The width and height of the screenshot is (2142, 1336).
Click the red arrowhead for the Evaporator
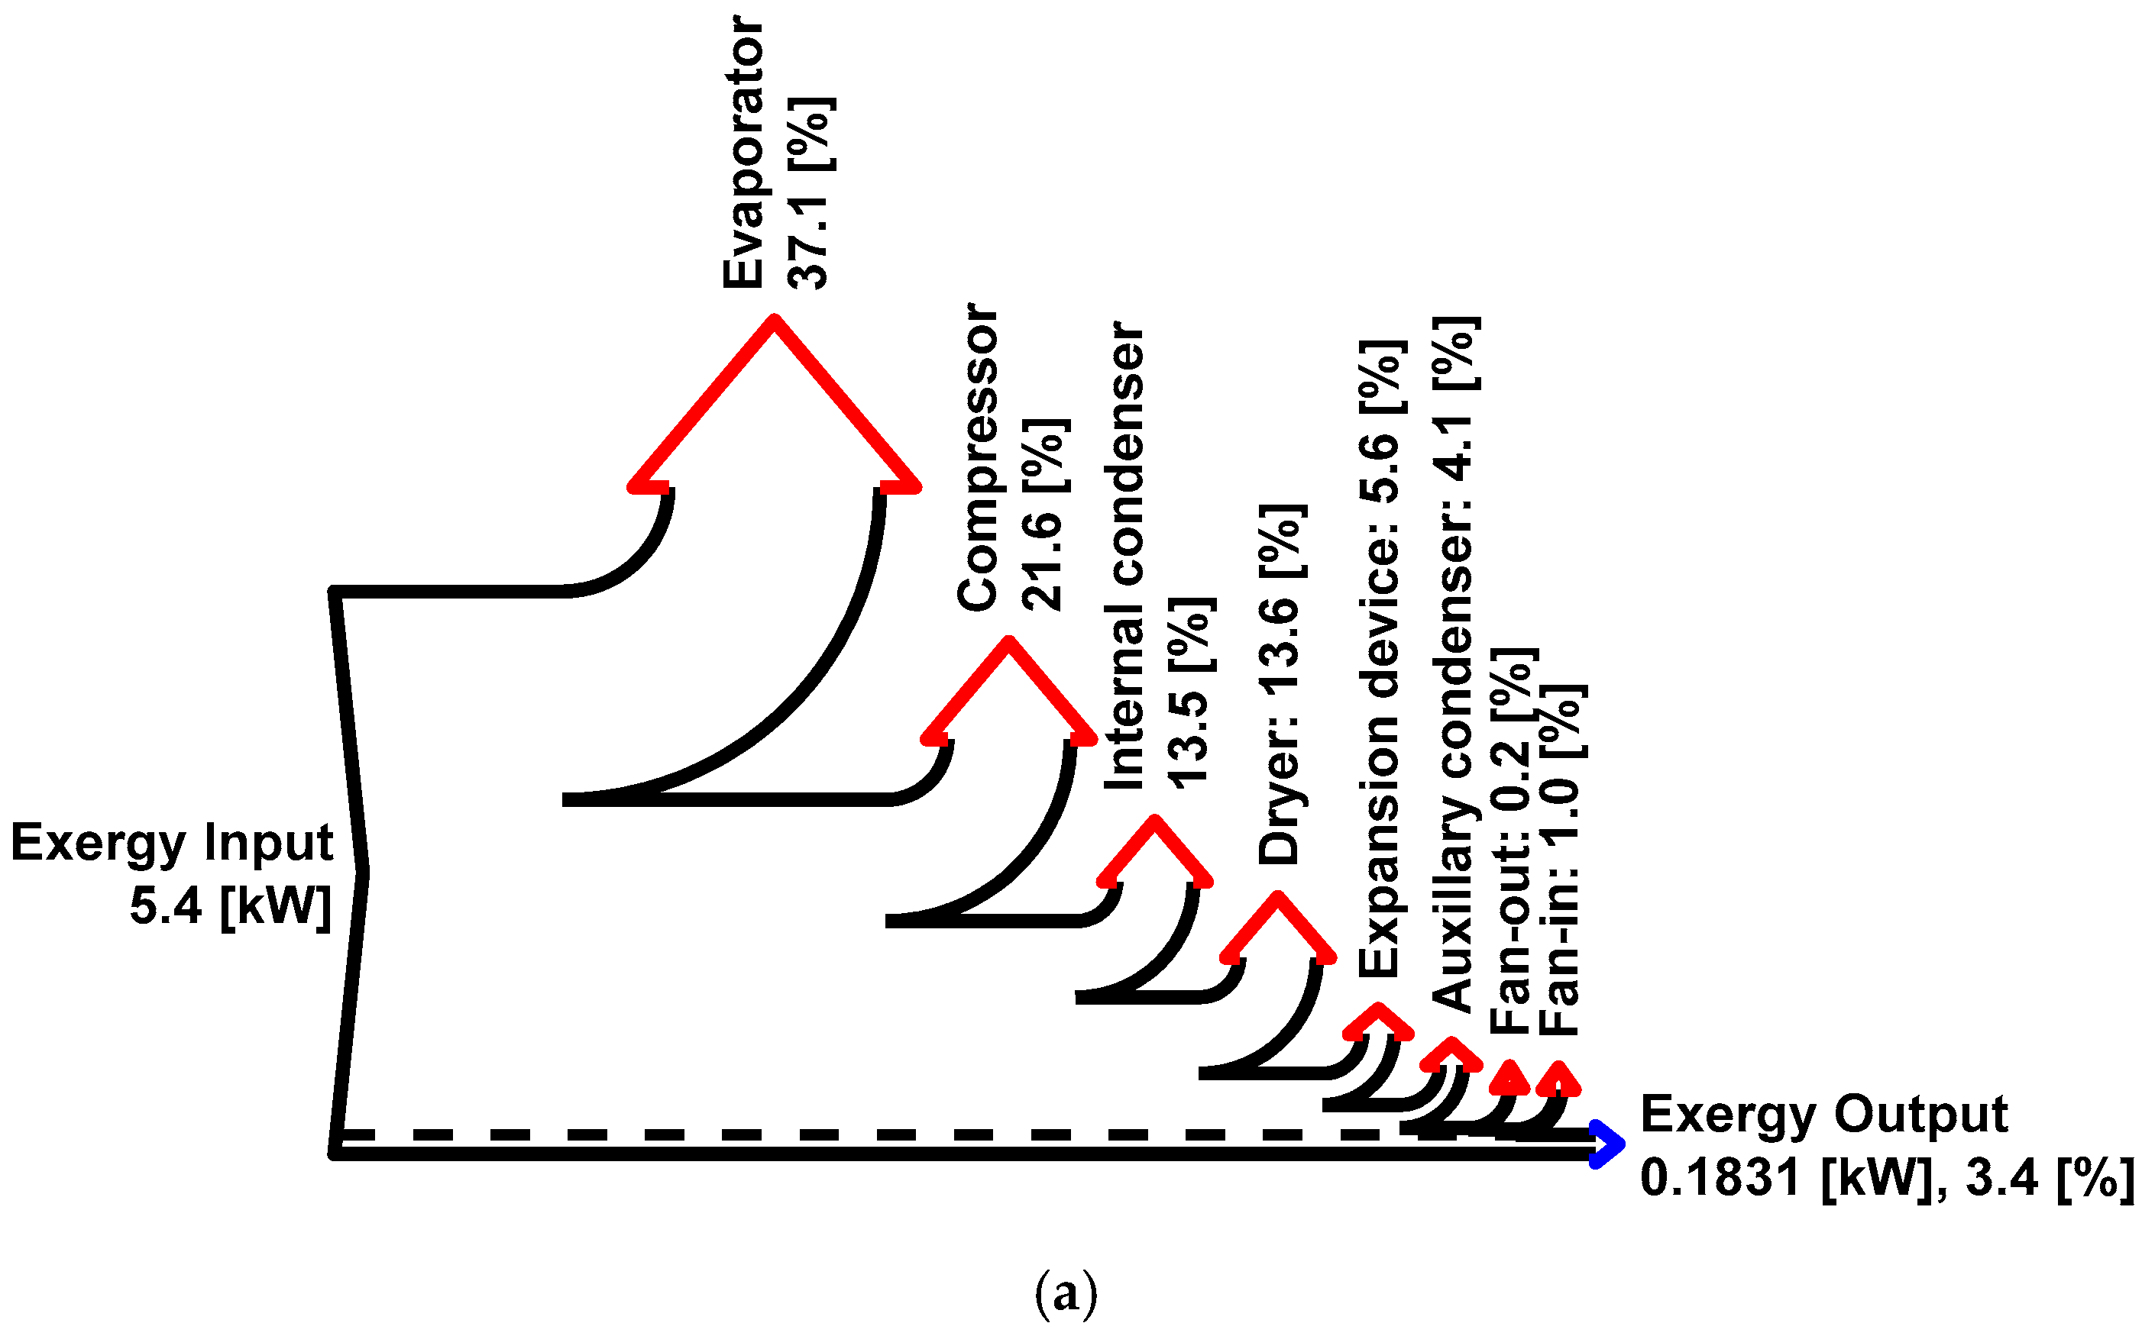coord(774,398)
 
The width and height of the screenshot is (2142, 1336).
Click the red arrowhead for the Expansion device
coord(1377,1020)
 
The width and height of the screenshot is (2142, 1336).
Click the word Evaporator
coord(743,152)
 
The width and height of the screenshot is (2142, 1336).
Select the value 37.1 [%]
coord(809,192)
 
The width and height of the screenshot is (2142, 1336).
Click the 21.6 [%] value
coord(1043,515)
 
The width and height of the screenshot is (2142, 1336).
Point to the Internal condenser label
coord(1124,557)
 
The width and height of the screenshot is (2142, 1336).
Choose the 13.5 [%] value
coord(1190,691)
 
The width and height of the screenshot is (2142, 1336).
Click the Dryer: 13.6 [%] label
coord(1280,684)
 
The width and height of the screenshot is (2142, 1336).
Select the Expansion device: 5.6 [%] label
coord(1380,658)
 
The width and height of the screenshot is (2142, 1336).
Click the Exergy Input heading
coord(172,841)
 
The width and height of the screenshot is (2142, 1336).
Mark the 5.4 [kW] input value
coord(230,905)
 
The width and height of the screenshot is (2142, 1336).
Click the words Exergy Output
coord(1823,1113)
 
